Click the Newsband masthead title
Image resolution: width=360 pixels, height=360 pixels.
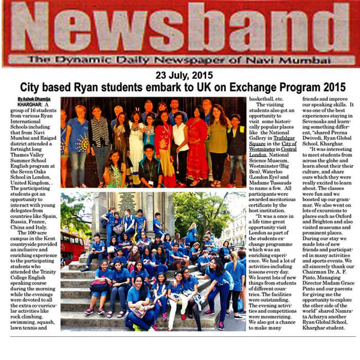[x=180, y=28]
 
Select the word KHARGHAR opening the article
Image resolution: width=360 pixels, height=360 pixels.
[x=29, y=104]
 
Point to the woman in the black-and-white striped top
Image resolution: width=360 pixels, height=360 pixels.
[x=100, y=136]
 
